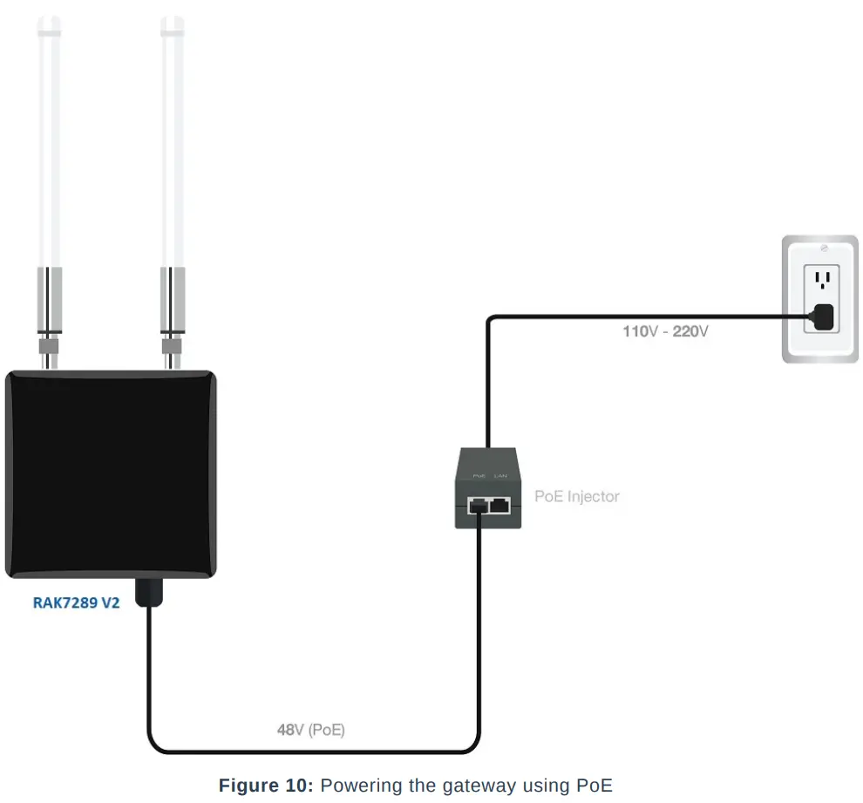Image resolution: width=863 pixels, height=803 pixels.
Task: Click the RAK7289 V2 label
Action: click(x=76, y=602)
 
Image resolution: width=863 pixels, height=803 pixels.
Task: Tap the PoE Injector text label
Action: click(x=576, y=496)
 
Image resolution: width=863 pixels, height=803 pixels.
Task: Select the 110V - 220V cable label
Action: click(x=664, y=331)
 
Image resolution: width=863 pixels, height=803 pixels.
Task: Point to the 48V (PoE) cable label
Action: click(x=310, y=730)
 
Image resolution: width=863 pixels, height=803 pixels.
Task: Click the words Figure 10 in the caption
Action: click(x=264, y=785)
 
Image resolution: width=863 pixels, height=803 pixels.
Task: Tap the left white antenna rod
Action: click(x=48, y=140)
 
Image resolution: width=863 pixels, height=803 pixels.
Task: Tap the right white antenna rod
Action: click(x=172, y=140)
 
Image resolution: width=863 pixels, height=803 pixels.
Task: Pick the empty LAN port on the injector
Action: click(x=500, y=504)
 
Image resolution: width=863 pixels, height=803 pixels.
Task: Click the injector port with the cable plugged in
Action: click(x=478, y=505)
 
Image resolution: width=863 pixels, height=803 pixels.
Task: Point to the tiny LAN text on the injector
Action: click(x=500, y=475)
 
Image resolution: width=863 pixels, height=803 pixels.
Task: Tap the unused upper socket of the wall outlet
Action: click(x=819, y=280)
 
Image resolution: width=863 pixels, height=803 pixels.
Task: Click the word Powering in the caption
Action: click(x=356, y=785)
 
